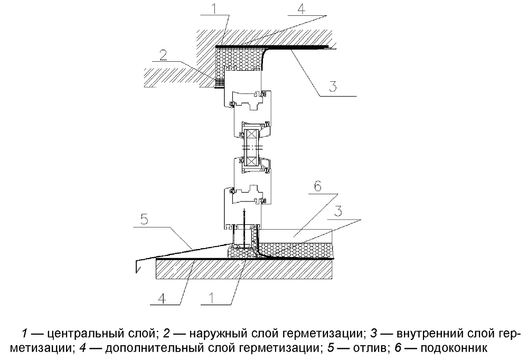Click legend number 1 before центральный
pos(24,334)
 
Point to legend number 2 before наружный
pos(166,334)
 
